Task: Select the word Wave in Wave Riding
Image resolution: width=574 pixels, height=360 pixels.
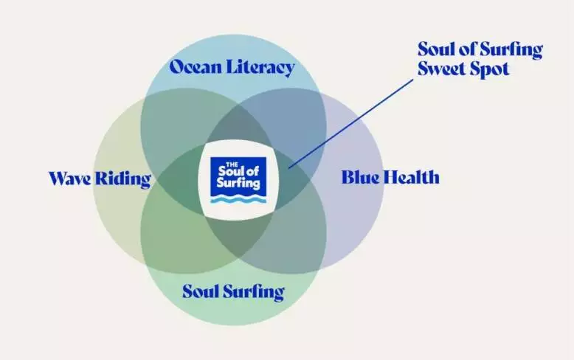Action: [x=70, y=179]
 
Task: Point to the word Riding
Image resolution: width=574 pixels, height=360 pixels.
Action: [x=123, y=179]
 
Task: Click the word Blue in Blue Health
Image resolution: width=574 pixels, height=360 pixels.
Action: [x=360, y=177]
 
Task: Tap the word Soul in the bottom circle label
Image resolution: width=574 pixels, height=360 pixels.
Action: [x=200, y=291]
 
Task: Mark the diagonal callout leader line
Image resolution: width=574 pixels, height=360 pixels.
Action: [x=350, y=124]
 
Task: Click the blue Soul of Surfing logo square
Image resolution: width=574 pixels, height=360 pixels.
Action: [x=238, y=176]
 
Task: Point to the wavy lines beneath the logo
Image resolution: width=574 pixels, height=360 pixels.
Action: [x=238, y=199]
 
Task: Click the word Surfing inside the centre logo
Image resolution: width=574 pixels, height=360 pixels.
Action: [x=238, y=182]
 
